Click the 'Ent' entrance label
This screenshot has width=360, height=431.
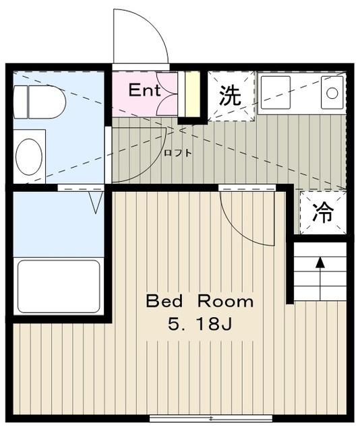click(x=145, y=90)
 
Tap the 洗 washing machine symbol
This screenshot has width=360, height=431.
click(x=231, y=96)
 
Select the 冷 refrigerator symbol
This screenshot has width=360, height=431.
click(x=324, y=213)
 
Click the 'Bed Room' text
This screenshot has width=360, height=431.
click(x=200, y=301)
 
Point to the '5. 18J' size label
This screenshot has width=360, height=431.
click(x=200, y=325)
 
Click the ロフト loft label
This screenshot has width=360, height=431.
click(x=178, y=153)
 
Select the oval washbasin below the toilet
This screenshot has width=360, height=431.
click(x=29, y=155)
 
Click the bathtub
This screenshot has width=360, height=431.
click(x=58, y=285)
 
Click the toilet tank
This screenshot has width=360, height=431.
click(x=20, y=101)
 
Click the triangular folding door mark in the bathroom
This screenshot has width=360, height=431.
click(x=95, y=201)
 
